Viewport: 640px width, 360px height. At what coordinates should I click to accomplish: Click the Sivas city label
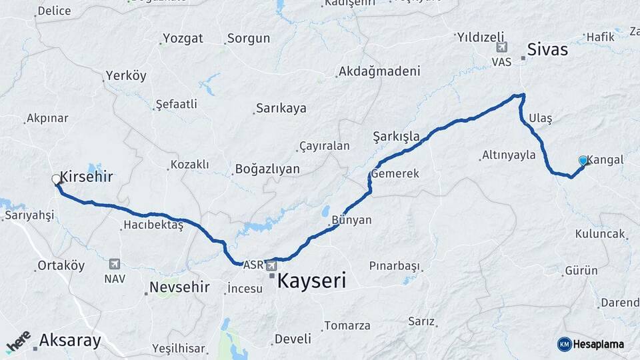pyautogui.click(x=547, y=49)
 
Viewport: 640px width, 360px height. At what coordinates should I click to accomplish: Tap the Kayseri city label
pyautogui.click(x=311, y=281)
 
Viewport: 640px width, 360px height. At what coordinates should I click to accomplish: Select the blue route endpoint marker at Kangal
pyautogui.click(x=583, y=161)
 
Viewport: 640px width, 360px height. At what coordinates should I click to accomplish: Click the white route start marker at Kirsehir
pyautogui.click(x=56, y=179)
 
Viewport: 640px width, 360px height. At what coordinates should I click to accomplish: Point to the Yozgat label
pyautogui.click(x=183, y=39)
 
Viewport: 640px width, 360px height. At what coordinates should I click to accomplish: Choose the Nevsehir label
pyautogui.click(x=179, y=287)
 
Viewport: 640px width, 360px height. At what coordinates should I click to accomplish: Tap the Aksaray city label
pyautogui.click(x=70, y=341)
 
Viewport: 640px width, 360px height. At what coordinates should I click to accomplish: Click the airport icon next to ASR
pyautogui.click(x=271, y=265)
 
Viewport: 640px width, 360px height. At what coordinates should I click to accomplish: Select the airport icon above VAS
pyautogui.click(x=501, y=47)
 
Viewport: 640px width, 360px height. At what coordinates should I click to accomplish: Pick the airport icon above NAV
pyautogui.click(x=114, y=265)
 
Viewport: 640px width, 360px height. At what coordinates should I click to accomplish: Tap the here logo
pyautogui.click(x=18, y=341)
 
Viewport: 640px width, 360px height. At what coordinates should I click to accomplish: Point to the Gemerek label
pyautogui.click(x=395, y=173)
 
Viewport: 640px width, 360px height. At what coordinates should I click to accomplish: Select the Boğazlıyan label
pyautogui.click(x=267, y=169)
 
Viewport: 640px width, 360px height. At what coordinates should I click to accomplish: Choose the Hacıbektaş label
pyautogui.click(x=153, y=225)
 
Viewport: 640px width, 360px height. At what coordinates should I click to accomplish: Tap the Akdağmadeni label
pyautogui.click(x=379, y=71)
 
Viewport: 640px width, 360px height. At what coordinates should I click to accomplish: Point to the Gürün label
pyautogui.click(x=581, y=271)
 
